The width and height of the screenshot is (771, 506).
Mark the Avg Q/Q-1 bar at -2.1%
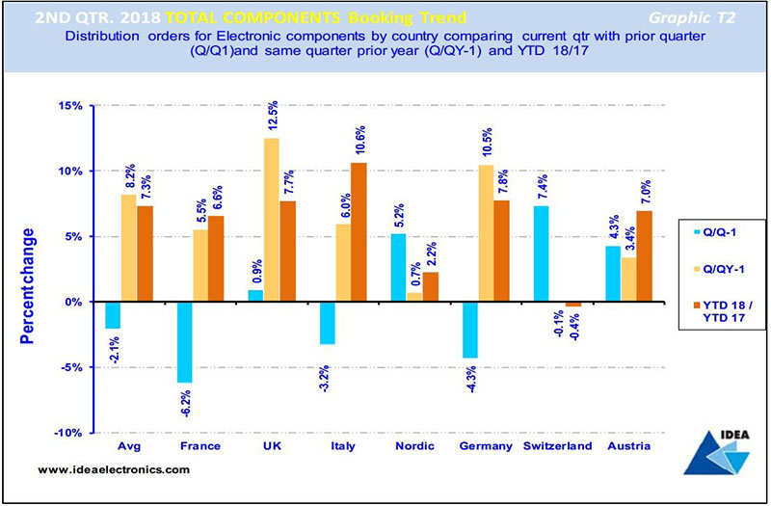113,315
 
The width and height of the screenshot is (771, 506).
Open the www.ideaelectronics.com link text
114,468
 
